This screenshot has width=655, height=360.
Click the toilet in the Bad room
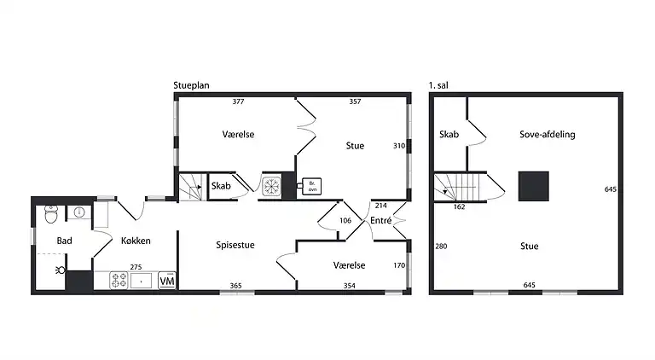(51, 214)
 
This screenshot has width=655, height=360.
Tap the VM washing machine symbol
(167, 281)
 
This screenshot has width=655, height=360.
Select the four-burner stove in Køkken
(119, 280)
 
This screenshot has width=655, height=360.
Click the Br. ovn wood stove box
(311, 186)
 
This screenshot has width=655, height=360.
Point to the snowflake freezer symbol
(271, 186)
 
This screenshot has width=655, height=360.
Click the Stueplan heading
(191, 85)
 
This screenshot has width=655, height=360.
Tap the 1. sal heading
(438, 85)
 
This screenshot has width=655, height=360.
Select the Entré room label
(381, 220)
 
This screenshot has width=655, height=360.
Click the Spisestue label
(235, 245)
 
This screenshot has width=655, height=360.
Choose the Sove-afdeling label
(548, 134)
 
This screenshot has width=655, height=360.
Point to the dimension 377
(238, 102)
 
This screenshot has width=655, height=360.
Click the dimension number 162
(459, 206)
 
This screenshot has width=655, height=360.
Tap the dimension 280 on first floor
(441, 246)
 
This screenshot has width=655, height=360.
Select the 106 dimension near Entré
(345, 220)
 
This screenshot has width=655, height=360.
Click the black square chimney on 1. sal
(533, 186)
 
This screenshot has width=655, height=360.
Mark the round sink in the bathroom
(79, 212)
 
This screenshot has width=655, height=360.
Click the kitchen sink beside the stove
(142, 281)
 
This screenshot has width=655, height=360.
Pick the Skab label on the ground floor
(221, 186)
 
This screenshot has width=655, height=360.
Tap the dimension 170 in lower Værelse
(399, 265)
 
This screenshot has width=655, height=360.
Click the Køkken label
(136, 241)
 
